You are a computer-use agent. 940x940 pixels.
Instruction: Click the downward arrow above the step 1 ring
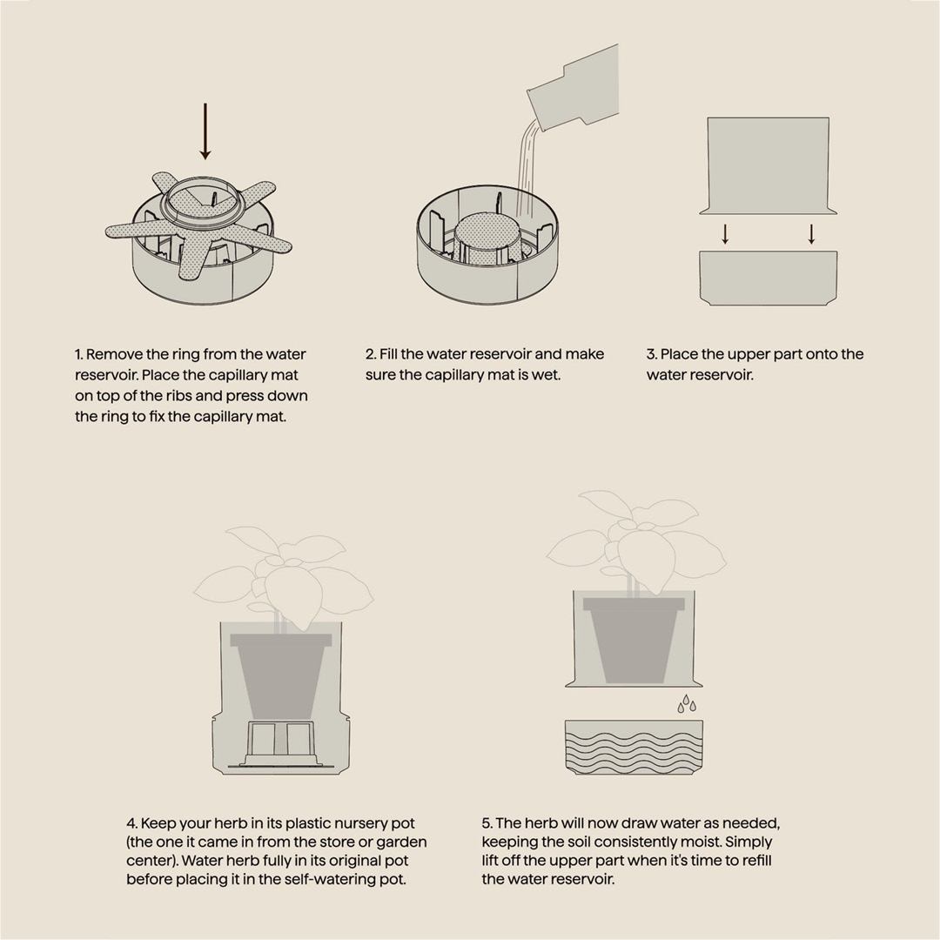click(x=205, y=131)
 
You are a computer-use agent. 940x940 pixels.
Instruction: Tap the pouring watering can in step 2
click(x=574, y=88)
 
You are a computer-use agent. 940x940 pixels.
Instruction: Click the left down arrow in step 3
click(x=725, y=234)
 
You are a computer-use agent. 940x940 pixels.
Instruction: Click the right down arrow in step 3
click(x=812, y=234)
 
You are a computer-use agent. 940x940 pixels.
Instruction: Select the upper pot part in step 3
click(x=769, y=166)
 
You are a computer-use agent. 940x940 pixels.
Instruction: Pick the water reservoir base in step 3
click(x=769, y=279)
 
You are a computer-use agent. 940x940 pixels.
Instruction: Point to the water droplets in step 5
click(x=687, y=704)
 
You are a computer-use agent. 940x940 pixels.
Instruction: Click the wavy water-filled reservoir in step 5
click(x=634, y=748)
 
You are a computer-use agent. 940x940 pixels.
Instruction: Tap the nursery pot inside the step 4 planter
click(x=281, y=677)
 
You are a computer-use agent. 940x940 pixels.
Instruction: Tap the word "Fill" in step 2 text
click(x=388, y=354)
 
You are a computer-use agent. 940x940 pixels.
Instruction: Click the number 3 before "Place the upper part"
click(x=651, y=354)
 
